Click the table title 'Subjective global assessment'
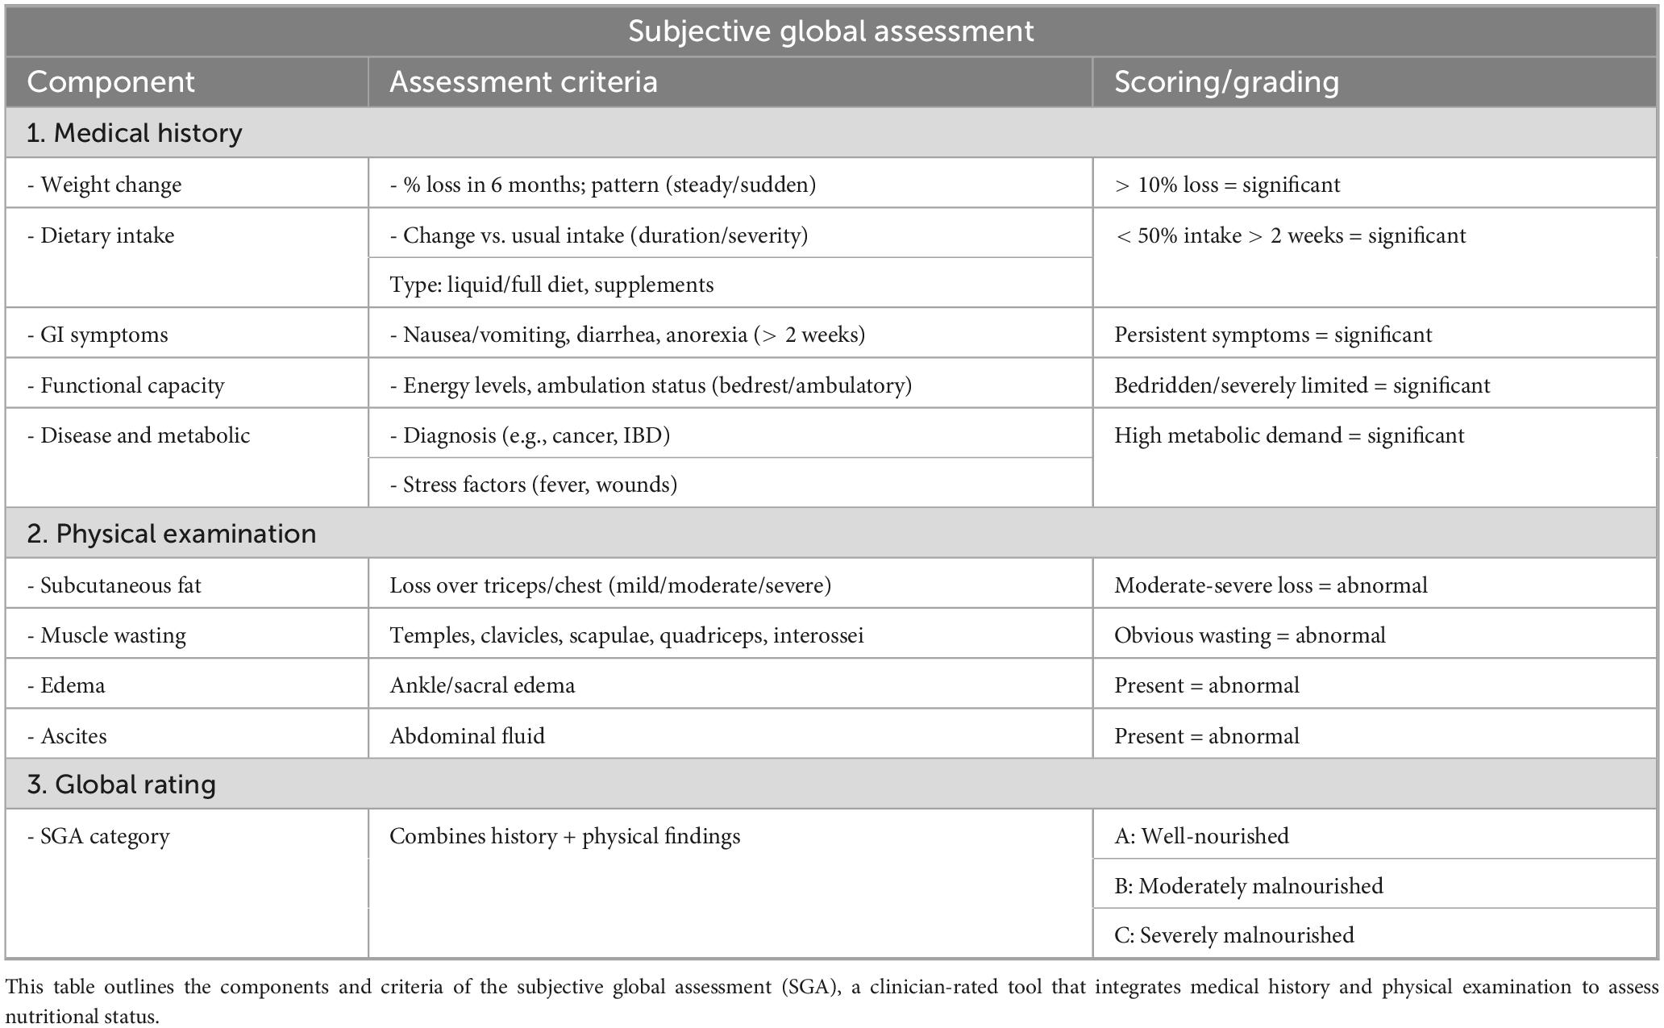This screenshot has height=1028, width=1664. pos(830,31)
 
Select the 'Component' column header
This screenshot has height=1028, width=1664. pos(110,82)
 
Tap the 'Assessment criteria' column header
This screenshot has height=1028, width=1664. pos(523,82)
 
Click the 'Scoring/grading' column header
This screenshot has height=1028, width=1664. pos(1226,82)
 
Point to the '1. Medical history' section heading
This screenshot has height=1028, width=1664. pos(134,133)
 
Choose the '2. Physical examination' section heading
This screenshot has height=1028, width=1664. pos(171,534)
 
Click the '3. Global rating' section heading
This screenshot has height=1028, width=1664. pos(121,785)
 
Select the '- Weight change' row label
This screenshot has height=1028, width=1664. pos(105,185)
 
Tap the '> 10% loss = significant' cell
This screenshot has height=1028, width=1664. pos(1227,185)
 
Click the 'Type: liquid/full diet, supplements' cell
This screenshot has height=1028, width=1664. pos(551,285)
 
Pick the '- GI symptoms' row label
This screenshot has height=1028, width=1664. pos(98,335)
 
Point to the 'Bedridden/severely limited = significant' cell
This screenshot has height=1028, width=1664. pos(1302,385)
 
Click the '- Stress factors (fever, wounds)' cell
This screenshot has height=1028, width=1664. pos(533,485)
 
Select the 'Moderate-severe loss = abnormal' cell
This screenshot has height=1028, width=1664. pos(1271,585)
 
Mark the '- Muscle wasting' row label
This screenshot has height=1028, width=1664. pos(106,635)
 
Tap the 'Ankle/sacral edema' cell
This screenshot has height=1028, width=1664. pos(482,685)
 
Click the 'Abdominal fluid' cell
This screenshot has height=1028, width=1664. pos(467,736)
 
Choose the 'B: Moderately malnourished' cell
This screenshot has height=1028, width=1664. pos(1248,886)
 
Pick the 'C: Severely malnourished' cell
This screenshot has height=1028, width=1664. pos(1233,935)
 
